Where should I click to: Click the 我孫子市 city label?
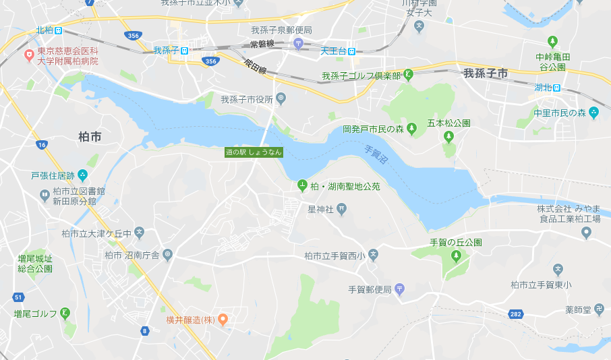pyautogui.click(x=486, y=73)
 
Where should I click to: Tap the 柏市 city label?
pyautogui.click(x=90, y=137)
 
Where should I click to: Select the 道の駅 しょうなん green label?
pyautogui.click(x=254, y=152)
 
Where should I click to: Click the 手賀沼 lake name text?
pyautogui.click(x=375, y=158)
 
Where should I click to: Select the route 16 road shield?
pyautogui.click(x=42, y=145)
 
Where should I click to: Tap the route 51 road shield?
pyautogui.click(x=18, y=297)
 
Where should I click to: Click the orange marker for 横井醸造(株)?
pyautogui.click(x=223, y=320)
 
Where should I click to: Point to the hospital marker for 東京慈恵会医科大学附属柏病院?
pyautogui.click(x=29, y=55)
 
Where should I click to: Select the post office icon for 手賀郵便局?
pyautogui.click(x=399, y=289)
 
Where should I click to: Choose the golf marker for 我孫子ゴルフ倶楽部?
pyautogui.click(x=408, y=76)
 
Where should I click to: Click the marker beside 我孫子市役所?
pyautogui.click(x=281, y=99)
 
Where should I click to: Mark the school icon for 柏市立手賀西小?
pyautogui.click(x=374, y=255)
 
